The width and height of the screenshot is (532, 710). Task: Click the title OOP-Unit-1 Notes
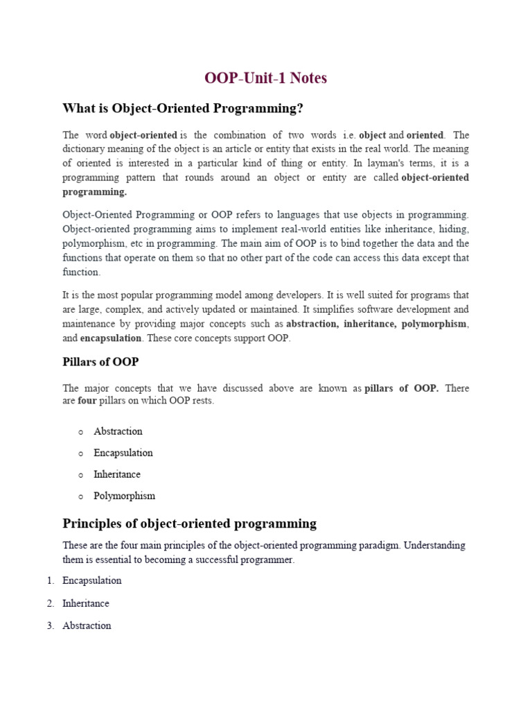point(266,78)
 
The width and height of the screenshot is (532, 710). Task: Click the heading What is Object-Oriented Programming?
point(183,108)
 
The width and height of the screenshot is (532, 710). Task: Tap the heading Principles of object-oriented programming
point(189,523)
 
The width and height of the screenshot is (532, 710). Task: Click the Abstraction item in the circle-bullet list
point(118,431)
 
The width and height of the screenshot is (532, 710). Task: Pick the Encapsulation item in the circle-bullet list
point(123,453)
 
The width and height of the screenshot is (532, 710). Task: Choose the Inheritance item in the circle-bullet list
point(117,474)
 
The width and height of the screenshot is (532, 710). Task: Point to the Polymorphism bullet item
point(125,496)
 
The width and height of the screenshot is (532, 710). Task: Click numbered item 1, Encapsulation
point(91,580)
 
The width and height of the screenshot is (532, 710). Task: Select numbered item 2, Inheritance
point(86,603)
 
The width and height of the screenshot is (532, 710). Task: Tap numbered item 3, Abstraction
point(87,625)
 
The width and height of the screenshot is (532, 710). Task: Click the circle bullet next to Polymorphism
point(81,496)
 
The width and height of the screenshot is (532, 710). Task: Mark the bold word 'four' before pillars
point(87,401)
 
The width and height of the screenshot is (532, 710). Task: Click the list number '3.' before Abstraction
point(51,625)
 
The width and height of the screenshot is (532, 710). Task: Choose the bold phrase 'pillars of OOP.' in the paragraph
point(402,388)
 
